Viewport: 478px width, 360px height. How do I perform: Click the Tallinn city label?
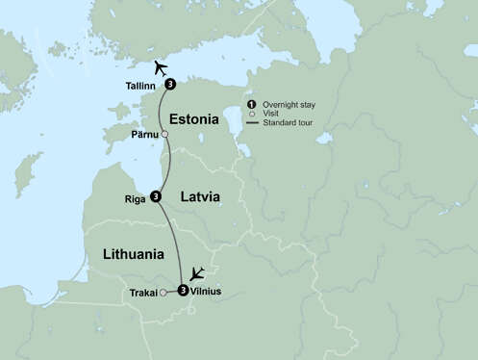pos(142,86)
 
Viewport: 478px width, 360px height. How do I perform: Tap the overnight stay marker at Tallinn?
pos(170,85)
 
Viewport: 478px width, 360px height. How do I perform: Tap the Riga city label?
pos(135,199)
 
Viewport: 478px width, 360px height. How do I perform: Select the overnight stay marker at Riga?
pos(155,197)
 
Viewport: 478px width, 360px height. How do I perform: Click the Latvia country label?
pos(197,197)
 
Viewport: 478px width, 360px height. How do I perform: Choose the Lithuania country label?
pos(132,254)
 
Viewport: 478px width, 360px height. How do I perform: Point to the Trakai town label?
pos(143,292)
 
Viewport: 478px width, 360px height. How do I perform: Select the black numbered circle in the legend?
pos(252,104)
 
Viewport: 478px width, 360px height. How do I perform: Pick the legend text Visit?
pos(273,114)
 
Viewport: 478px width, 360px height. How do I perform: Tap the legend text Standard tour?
pos(286,123)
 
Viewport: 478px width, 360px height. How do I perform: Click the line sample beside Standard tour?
pos(252,123)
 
